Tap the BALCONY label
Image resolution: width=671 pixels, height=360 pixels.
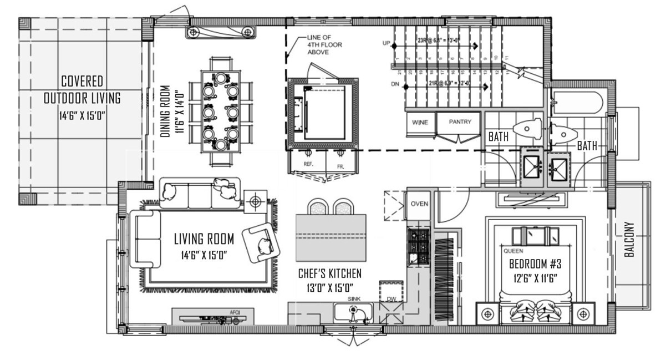[629, 240]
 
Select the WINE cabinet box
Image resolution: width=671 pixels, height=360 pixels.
[420, 122]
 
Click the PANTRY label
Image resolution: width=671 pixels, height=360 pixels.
[460, 121]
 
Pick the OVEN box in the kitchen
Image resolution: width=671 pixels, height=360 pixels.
[419, 204]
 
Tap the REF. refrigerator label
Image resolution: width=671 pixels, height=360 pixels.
[309, 165]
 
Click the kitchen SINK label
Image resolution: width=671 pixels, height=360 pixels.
[354, 298]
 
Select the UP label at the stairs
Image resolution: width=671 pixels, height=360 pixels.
[386, 43]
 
